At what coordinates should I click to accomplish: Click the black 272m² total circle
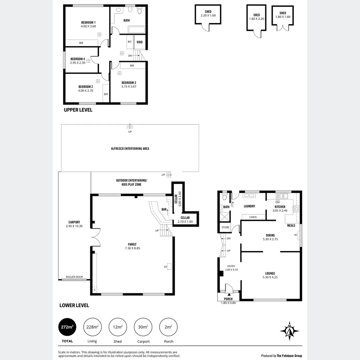[x=67, y=327]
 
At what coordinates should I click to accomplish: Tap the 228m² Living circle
[x=92, y=327]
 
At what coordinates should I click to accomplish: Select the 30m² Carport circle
[x=143, y=327]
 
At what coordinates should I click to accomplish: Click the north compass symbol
[x=290, y=331]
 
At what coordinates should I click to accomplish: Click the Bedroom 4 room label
[x=78, y=59]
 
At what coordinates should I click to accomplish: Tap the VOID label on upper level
[x=140, y=42]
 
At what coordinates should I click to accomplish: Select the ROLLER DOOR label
[x=74, y=277]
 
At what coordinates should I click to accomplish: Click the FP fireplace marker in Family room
[x=166, y=267]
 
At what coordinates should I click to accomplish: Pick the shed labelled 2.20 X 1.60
[x=208, y=14]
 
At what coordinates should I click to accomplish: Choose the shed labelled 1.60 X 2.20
[x=256, y=17]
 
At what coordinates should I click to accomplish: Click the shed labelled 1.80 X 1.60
[x=283, y=15]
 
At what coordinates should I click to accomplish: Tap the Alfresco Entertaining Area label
[x=130, y=148]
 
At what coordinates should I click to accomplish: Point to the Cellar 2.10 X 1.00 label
[x=185, y=219]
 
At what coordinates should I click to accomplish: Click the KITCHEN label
[x=280, y=207]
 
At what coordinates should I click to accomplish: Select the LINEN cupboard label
[x=253, y=217]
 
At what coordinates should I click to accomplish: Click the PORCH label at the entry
[x=228, y=299]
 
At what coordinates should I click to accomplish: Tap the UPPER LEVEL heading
[x=78, y=110]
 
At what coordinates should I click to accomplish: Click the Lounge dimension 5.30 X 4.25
[x=270, y=277]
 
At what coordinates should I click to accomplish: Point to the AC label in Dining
[x=296, y=235]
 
